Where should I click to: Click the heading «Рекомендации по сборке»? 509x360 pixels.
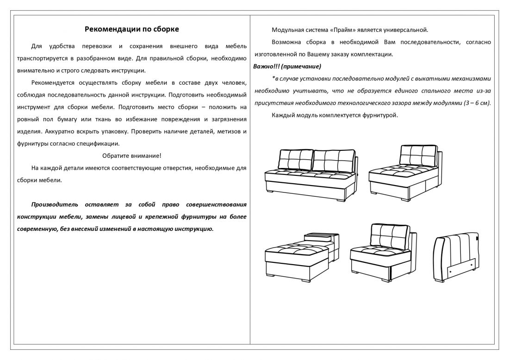pos(132,29)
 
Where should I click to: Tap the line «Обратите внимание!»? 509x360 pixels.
pos(132,155)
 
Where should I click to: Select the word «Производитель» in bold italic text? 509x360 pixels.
pos(55,204)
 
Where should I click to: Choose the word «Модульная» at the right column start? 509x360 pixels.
pos(287,30)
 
